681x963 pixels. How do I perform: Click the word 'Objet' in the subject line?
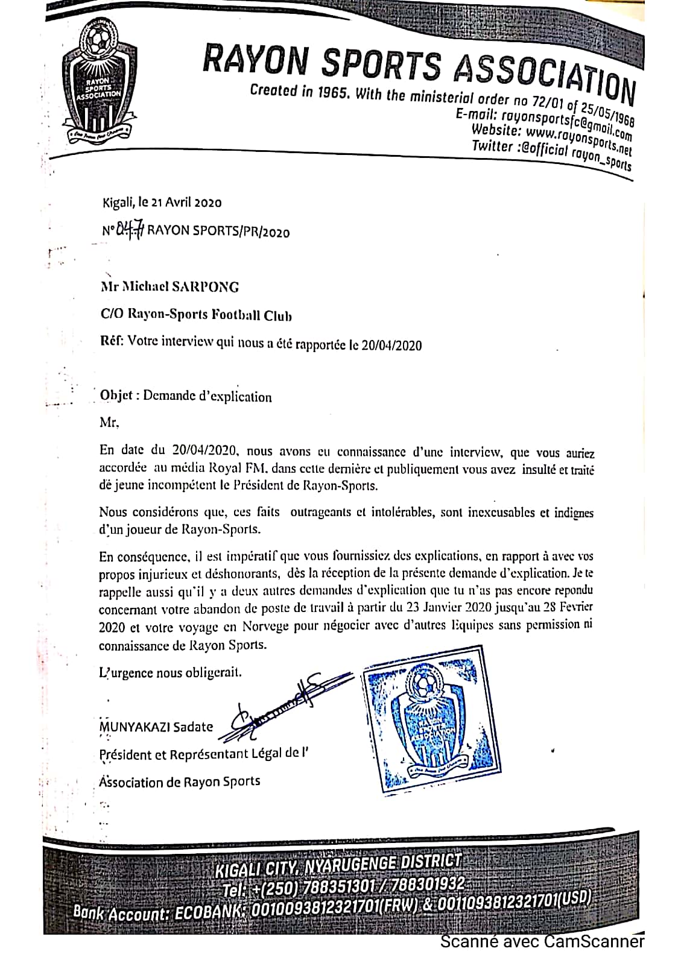[116, 396]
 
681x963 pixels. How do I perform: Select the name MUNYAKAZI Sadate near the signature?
[156, 727]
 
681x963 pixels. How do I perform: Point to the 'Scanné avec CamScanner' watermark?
[542, 941]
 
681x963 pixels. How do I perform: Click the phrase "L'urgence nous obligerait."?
[171, 672]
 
